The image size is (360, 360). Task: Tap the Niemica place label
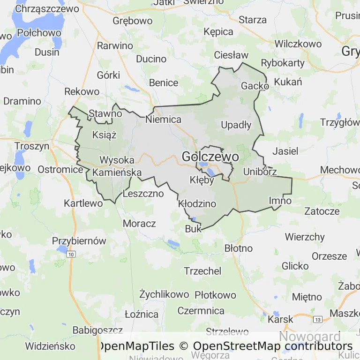pos(164,120)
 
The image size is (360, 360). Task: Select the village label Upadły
pos(236,125)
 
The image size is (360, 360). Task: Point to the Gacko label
pos(255,86)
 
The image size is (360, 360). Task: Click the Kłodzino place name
pos(197,204)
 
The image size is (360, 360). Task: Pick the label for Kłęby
pos(202,180)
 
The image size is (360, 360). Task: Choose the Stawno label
pos(105,113)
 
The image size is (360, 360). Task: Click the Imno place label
pos(280,201)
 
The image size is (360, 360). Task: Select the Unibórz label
pos(260,172)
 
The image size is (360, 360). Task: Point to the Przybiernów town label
pos(79,241)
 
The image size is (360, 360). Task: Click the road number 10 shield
pos(71,254)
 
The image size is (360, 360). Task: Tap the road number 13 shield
pos(318,320)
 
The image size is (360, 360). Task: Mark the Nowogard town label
pos(310,337)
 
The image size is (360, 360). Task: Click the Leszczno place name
pos(143,193)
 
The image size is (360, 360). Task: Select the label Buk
pos(193,229)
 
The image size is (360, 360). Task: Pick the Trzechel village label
pos(202,271)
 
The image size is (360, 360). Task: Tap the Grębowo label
pos(133,21)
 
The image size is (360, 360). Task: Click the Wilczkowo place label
pos(298,44)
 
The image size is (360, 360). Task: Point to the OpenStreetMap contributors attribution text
pos(273,346)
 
